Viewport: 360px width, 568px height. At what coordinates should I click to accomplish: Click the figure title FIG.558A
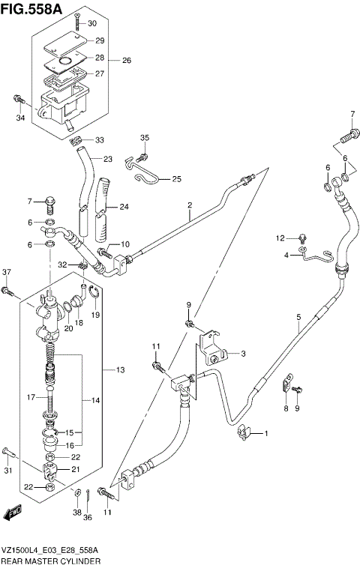pyautogui.click(x=32, y=8)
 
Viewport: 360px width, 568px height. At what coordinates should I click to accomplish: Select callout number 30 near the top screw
pyautogui.click(x=92, y=24)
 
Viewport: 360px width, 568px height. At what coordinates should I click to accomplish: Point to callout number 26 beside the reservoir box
pyautogui.click(x=125, y=60)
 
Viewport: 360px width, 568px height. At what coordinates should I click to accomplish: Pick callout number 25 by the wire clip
pyautogui.click(x=176, y=178)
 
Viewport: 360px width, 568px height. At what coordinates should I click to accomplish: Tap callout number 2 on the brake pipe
pyautogui.click(x=190, y=205)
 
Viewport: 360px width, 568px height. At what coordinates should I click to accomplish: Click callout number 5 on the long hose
pyautogui.click(x=298, y=317)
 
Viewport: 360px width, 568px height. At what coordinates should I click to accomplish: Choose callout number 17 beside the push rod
pyautogui.click(x=31, y=396)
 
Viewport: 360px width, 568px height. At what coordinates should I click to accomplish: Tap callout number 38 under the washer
pyautogui.click(x=77, y=513)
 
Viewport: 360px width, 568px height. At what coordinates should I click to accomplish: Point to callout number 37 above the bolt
pyautogui.click(x=7, y=271)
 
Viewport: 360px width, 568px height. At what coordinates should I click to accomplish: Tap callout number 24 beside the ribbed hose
pyautogui.click(x=124, y=207)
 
